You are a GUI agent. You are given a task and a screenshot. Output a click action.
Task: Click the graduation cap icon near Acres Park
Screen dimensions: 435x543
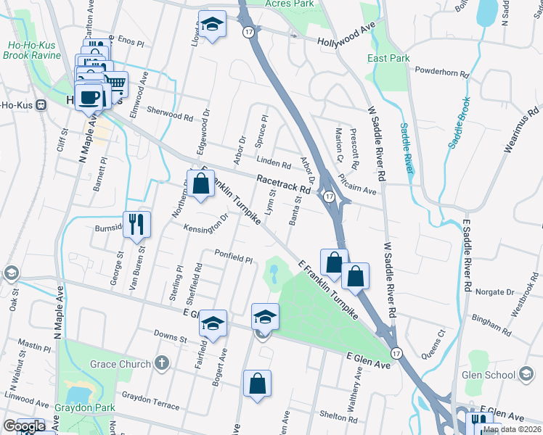click(x=212, y=25)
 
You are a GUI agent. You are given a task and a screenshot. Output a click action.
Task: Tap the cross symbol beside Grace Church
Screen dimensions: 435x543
click(x=162, y=363)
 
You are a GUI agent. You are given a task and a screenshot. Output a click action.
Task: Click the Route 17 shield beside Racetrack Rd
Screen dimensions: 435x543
click(x=328, y=196)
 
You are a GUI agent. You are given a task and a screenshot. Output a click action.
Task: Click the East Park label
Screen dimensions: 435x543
click(x=388, y=58)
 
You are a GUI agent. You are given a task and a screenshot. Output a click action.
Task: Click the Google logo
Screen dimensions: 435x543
click(x=24, y=427)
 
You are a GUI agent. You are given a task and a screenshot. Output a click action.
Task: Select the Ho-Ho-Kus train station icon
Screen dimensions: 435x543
click(x=41, y=104)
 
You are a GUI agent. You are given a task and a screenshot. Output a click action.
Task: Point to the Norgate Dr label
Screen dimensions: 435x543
click(x=494, y=291)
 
